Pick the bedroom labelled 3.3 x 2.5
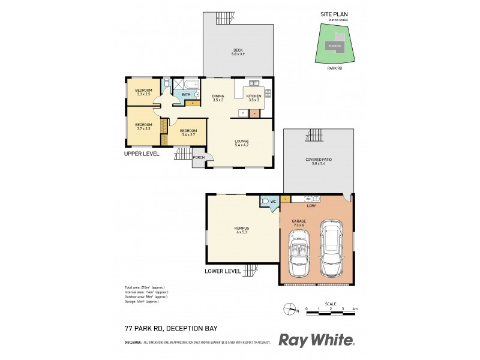(x=144, y=92)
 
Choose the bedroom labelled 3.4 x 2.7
(x=188, y=133)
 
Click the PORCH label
(x=198, y=158)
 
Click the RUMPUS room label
(x=242, y=230)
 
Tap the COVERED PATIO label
(x=318, y=161)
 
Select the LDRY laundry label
(x=311, y=206)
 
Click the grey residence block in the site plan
(x=334, y=46)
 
